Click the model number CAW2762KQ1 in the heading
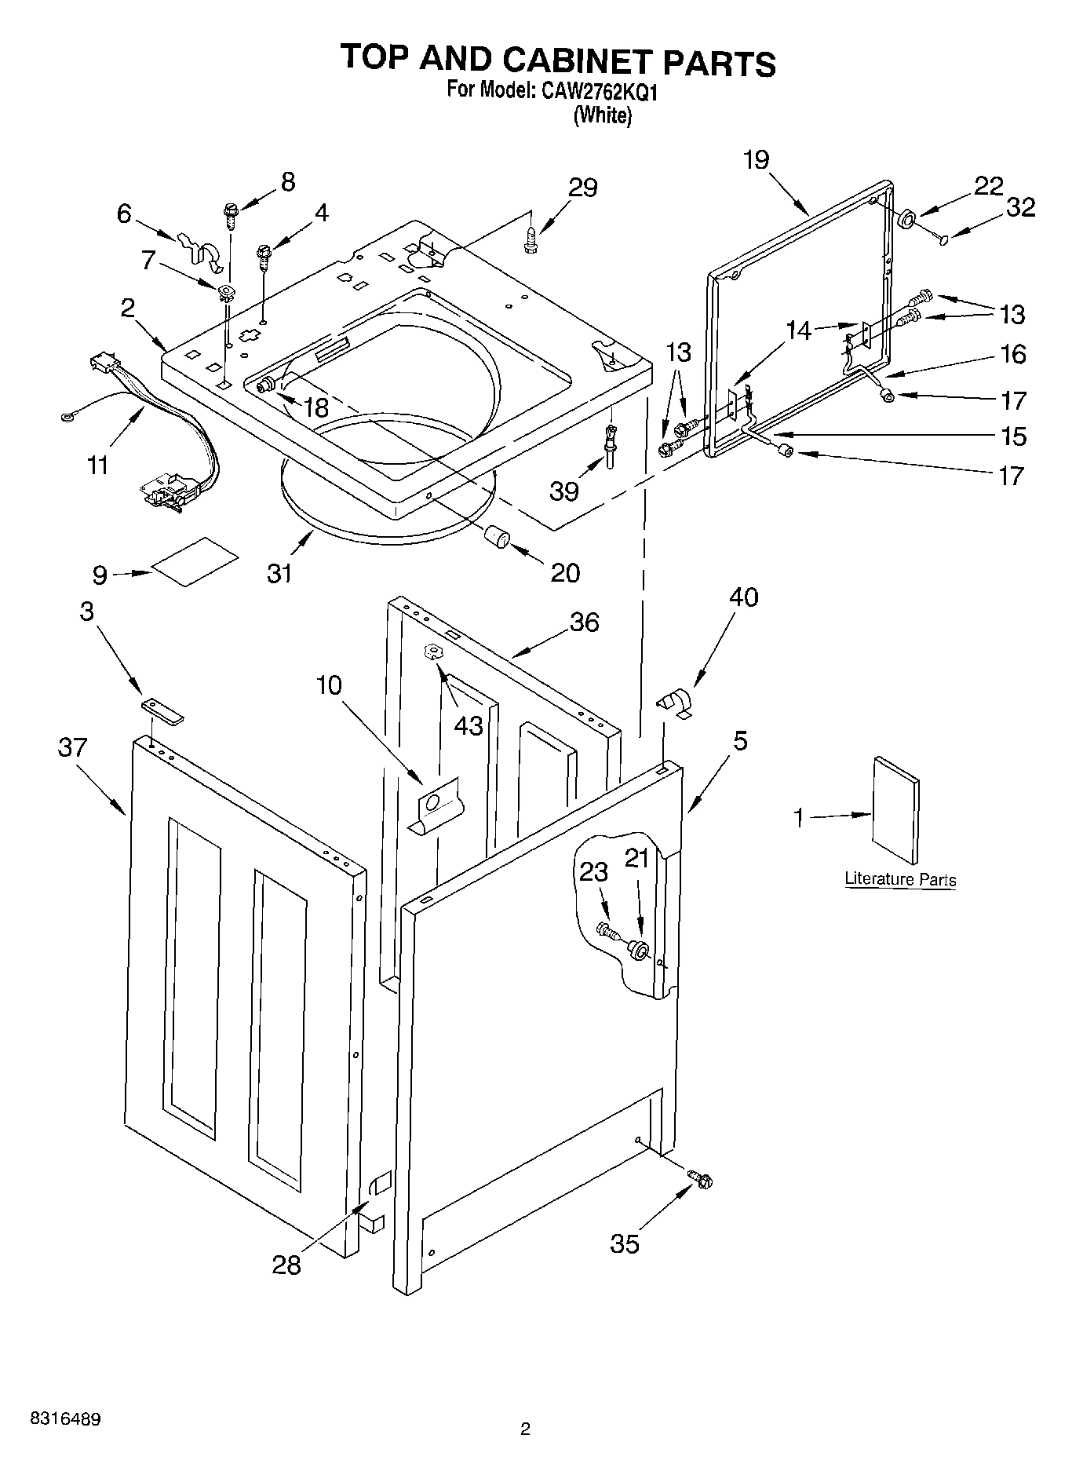tap(597, 92)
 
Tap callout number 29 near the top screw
tap(583, 188)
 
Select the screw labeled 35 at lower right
tap(699, 1178)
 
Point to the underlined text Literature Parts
tap(900, 879)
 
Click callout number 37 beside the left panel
tap(72, 748)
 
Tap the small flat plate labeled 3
tap(162, 710)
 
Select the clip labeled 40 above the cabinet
tap(674, 701)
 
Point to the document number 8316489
tap(65, 1419)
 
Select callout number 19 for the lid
tap(757, 160)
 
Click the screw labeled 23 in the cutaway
tap(607, 931)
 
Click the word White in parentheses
tap(602, 115)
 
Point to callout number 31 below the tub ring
tap(279, 574)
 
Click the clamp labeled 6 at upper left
tap(197, 246)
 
